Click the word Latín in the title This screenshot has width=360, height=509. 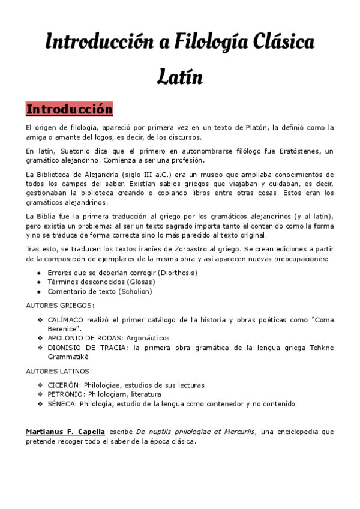(x=180, y=77)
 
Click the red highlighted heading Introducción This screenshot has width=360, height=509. (x=69, y=110)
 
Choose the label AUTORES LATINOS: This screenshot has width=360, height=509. (x=59, y=371)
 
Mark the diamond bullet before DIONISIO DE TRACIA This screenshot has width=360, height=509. (x=40, y=348)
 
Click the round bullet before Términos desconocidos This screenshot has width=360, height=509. (x=39, y=282)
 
